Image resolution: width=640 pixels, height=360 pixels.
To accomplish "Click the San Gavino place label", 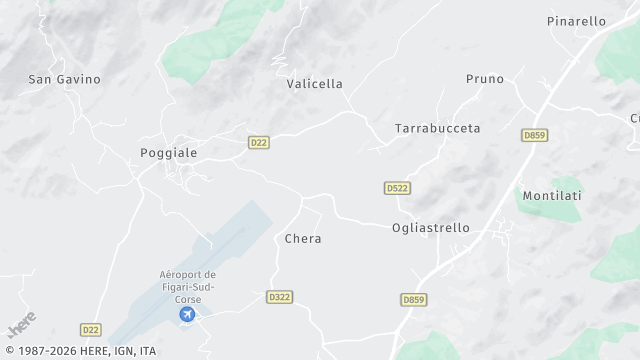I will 65,79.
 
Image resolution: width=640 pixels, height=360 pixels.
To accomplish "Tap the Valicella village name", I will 314,84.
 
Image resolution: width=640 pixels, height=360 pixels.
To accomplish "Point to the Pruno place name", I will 485,79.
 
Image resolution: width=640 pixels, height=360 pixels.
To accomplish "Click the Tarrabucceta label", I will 437,129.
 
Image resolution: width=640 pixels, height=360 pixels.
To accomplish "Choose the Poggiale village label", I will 168,153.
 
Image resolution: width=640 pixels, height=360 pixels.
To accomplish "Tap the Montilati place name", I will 552,196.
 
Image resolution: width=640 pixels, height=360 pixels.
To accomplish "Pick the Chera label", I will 303,239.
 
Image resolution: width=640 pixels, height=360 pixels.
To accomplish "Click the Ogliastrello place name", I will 430,228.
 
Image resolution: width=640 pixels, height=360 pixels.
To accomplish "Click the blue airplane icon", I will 187,315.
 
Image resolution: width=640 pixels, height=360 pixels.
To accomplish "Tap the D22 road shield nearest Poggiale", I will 259,143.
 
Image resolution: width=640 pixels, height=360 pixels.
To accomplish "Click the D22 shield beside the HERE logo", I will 91,329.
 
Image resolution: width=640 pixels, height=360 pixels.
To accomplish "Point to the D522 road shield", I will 397,188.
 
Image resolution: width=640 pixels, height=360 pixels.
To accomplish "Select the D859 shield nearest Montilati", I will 534,135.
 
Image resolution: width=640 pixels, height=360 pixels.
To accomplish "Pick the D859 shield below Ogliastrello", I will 413,299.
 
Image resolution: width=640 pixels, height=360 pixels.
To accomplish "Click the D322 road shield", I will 279,297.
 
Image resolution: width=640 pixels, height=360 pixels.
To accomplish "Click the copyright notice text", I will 80,351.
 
